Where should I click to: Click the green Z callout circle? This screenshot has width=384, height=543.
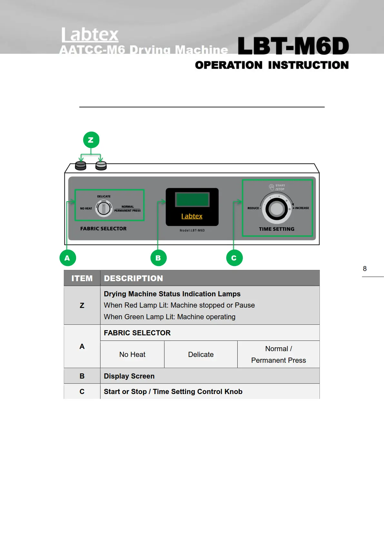pyautogui.click(x=91, y=140)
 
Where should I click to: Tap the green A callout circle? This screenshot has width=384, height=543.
pyautogui.click(x=67, y=258)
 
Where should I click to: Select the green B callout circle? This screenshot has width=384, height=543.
pyautogui.click(x=158, y=258)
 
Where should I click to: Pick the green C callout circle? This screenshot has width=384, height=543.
pyautogui.click(x=234, y=258)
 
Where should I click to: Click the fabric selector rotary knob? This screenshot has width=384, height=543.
pyautogui.click(x=104, y=208)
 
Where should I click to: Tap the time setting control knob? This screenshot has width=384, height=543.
pyautogui.click(x=276, y=209)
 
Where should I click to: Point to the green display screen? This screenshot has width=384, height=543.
pyautogui.click(x=192, y=200)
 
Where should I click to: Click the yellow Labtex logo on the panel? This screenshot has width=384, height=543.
pyautogui.click(x=192, y=216)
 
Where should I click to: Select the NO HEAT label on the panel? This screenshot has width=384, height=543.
pyautogui.click(x=86, y=209)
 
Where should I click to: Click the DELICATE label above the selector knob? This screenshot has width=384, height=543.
pyautogui.click(x=104, y=196)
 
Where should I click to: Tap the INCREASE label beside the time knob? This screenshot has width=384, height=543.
pyautogui.click(x=302, y=208)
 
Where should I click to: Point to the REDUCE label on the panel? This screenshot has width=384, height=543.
pyautogui.click(x=253, y=208)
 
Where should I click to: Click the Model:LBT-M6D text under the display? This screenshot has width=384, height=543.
pyautogui.click(x=192, y=231)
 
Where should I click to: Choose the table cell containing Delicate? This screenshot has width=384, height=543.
pyautogui.click(x=201, y=354)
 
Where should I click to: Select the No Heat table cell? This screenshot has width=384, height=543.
pyautogui.click(x=132, y=354)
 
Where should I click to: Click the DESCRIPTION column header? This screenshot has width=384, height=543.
pyautogui.click(x=133, y=278)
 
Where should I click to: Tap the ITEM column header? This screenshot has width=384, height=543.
pyautogui.click(x=82, y=278)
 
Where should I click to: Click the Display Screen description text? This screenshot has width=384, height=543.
pyautogui.click(x=129, y=376)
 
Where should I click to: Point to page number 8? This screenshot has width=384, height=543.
pyautogui.click(x=365, y=269)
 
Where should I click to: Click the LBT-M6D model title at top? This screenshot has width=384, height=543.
pyautogui.click(x=293, y=46)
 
